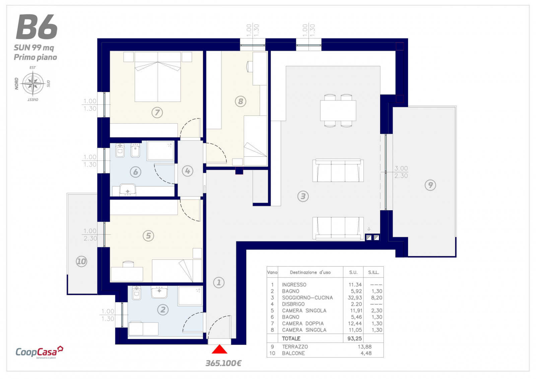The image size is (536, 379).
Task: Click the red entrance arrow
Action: tap(219, 349)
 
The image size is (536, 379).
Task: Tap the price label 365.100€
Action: tap(223, 364)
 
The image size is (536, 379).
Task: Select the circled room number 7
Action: tap(157, 112)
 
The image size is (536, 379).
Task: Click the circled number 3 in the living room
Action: tap(303, 196)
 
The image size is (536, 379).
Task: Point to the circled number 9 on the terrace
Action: tap(430, 185)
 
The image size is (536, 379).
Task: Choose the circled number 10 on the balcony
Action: tap(81, 261)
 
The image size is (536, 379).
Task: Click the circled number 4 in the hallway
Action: tap(187, 171)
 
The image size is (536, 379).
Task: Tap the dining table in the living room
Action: tap(338, 110)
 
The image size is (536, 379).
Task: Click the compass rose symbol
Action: tap(33, 84)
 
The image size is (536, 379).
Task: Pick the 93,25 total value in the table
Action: tap(355, 338)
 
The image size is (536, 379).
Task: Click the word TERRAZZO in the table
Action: tap(295, 347)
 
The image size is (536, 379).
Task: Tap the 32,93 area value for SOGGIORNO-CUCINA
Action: tap(355, 298)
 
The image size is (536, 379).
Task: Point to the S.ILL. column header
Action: tap(374, 272)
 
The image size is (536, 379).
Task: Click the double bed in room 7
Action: tap(158, 77)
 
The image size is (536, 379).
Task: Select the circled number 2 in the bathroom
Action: tap(163, 310)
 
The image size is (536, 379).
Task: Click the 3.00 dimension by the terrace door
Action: tap(401, 168)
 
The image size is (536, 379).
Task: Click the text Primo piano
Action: tap(36, 57)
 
